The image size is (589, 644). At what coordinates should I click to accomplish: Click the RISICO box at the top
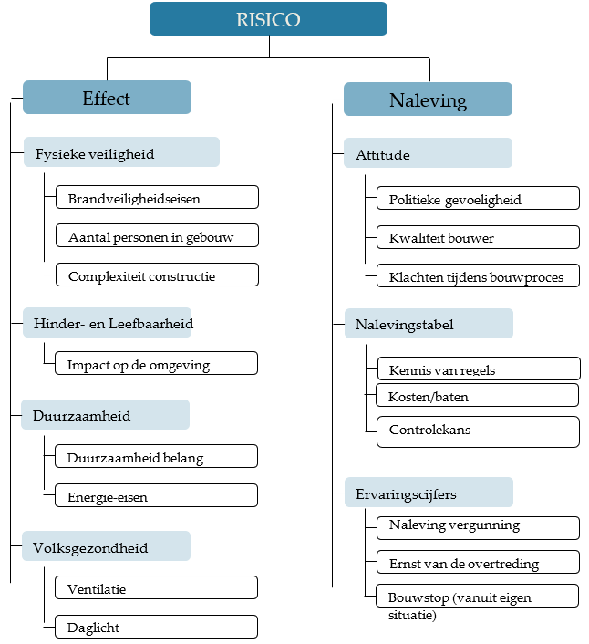point(268,19)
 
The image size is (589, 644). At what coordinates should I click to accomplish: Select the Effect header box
point(107,98)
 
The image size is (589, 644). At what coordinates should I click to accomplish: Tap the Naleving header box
point(428,99)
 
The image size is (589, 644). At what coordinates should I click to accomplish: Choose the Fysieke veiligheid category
point(121,152)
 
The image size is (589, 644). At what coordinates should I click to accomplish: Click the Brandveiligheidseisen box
point(157,197)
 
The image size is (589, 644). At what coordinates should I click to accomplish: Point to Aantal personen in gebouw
point(157,235)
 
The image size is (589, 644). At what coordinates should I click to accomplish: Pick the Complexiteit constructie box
point(157,275)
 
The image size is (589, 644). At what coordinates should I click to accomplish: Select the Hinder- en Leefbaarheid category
point(107,322)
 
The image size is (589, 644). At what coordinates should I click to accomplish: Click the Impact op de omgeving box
point(156,363)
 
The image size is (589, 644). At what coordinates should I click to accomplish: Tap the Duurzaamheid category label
point(106,415)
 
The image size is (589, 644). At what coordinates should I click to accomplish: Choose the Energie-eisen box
point(156,495)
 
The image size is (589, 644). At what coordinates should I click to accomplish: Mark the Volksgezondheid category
point(106,546)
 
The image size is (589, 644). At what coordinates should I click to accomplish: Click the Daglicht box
point(156,627)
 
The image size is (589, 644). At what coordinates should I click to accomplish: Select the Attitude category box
point(428,152)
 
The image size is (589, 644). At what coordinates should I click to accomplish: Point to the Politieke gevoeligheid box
point(478,198)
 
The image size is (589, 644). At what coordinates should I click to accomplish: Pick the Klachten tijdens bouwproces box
point(478,275)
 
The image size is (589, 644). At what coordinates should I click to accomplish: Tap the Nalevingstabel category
point(429,324)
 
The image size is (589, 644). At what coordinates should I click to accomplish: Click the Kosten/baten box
point(478,395)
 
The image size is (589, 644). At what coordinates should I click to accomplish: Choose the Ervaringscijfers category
point(429,492)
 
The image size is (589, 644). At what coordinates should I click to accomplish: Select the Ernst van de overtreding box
point(478,562)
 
